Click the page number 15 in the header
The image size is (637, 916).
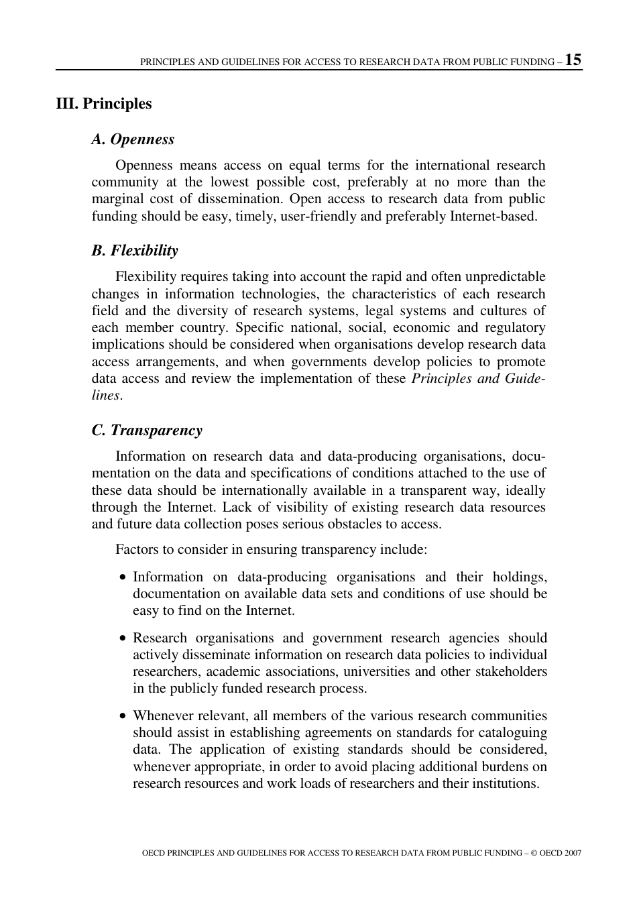[573, 59]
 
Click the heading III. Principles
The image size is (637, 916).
[104, 104]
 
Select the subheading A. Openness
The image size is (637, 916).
[133, 139]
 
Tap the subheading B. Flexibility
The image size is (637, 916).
[135, 251]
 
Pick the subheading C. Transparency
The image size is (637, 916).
[147, 431]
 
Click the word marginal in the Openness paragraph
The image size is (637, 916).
[117, 199]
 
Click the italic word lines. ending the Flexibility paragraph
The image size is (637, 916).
[107, 396]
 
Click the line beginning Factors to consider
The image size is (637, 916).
[271, 550]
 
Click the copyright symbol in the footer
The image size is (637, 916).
[534, 853]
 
